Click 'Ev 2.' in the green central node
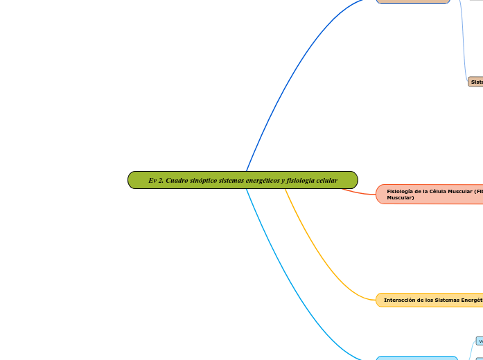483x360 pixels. pyautogui.click(x=156, y=181)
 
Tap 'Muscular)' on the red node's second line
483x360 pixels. pyautogui.click(x=401, y=198)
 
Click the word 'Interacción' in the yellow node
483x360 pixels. pyautogui.click(x=400, y=300)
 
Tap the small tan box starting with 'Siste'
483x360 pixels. pyautogui.click(x=475, y=82)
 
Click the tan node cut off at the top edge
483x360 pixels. pyautogui.click(x=413, y=2)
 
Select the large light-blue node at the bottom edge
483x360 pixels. pyautogui.click(x=416, y=358)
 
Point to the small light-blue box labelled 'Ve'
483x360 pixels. pyautogui.click(x=479, y=341)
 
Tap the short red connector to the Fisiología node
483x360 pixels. pyautogui.click(x=360, y=192)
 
